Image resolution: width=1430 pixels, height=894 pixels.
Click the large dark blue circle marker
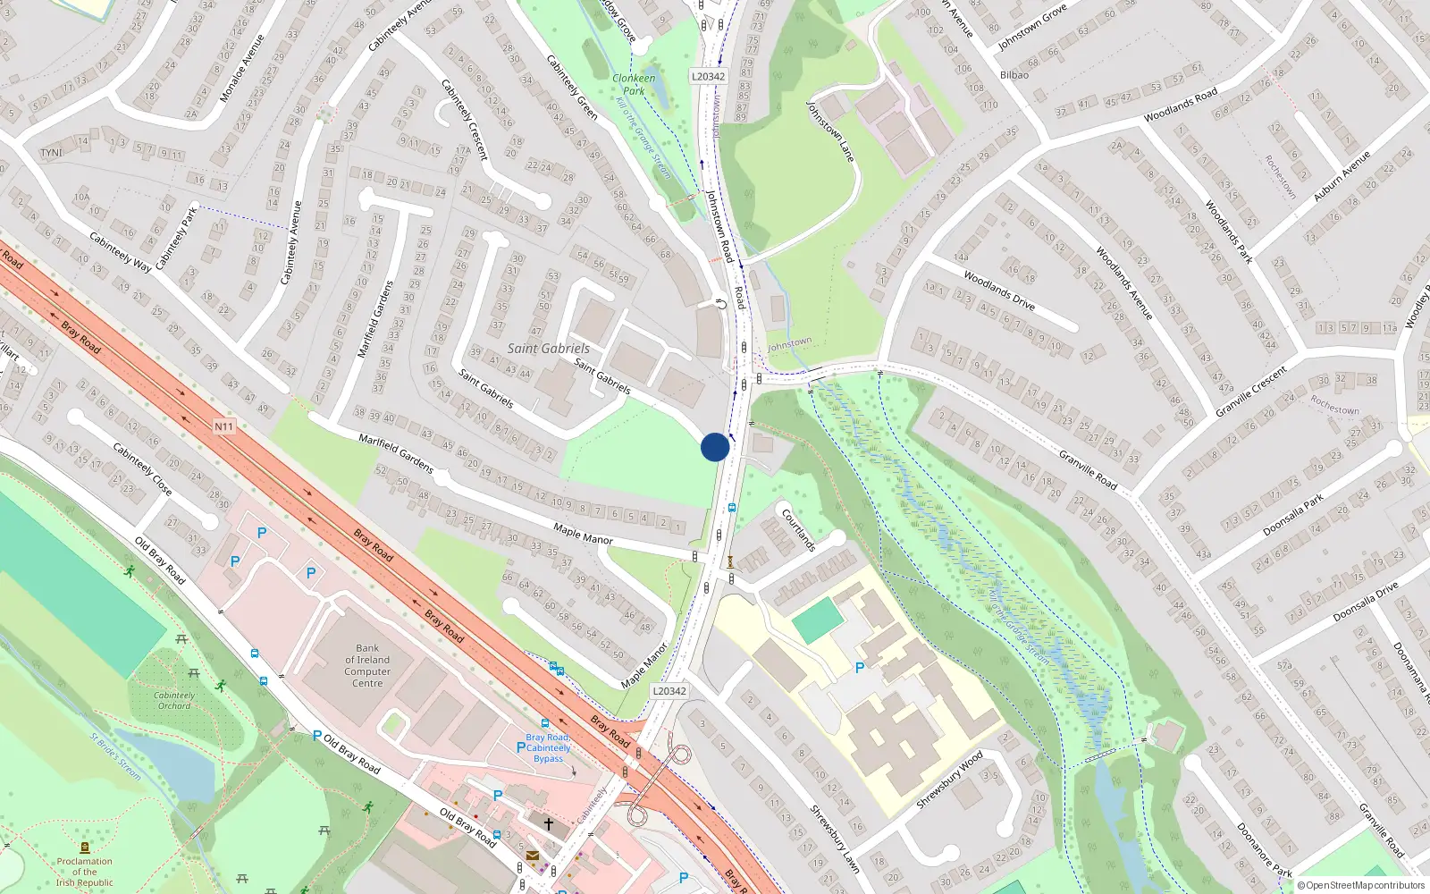coord(715,447)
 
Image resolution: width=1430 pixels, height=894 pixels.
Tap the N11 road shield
coord(223,426)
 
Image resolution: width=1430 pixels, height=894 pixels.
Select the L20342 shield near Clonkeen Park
coord(708,77)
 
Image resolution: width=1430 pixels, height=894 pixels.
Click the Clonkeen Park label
coord(634,84)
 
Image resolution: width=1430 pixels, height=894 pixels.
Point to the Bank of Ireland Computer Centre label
coord(367,666)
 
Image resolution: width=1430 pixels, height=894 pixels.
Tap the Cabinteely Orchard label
coord(174,700)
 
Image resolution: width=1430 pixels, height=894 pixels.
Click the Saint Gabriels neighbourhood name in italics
coord(549,349)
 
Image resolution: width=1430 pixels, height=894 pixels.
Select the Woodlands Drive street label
coord(999,291)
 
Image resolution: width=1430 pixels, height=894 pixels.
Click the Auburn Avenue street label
coord(1341,176)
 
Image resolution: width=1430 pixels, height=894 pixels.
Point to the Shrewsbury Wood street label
coord(949,780)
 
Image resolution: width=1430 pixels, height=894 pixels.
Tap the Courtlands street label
coord(798,530)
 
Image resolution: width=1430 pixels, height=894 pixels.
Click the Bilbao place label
coord(1014,75)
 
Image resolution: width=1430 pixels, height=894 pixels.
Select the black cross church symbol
coord(549,823)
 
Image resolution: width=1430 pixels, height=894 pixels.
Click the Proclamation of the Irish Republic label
coord(85,872)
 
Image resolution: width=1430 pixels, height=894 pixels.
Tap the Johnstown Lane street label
coord(830,131)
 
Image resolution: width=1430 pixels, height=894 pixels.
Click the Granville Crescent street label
coord(1251,392)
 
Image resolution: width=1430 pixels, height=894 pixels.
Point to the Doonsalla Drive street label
coord(1365,603)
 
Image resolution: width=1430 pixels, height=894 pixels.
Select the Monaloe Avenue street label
coord(242,68)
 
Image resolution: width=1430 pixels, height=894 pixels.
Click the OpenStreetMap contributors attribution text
coord(1361,886)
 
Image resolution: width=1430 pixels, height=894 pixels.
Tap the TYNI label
coord(51,153)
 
